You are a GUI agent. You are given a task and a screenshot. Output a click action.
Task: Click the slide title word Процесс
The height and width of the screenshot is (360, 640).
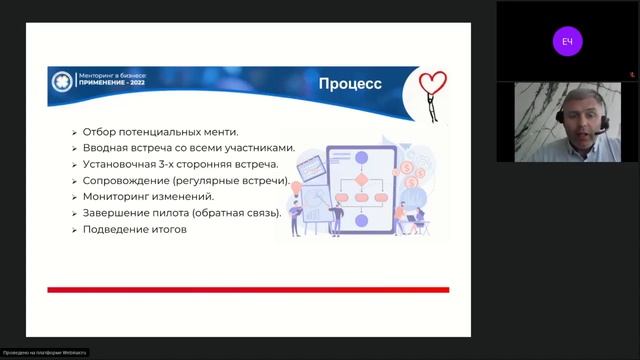click(350, 84)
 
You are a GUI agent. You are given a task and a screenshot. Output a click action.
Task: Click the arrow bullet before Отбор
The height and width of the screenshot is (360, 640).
click(75, 132)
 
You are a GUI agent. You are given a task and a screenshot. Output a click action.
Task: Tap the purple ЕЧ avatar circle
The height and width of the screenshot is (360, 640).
click(567, 41)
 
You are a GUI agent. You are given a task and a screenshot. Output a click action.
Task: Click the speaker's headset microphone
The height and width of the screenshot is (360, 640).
click(599, 132)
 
